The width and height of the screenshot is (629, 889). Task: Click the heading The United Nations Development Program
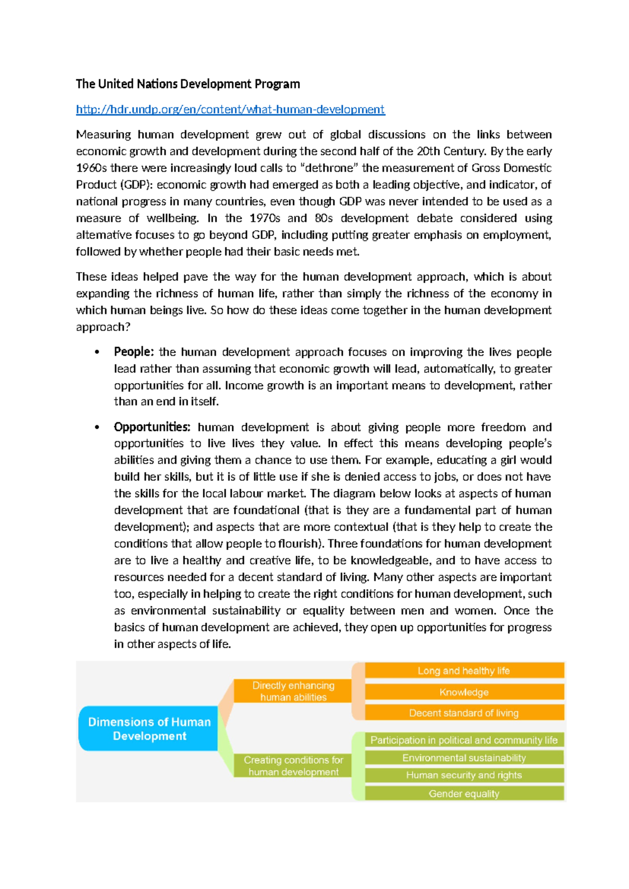click(188, 84)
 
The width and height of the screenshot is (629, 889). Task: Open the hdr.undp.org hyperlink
click(230, 109)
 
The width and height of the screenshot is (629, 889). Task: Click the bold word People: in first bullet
click(134, 352)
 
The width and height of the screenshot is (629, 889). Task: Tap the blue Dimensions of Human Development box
click(149, 729)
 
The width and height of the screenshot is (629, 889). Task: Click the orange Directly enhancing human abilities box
click(293, 691)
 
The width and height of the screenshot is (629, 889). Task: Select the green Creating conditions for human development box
click(293, 765)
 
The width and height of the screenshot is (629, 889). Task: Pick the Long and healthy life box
click(464, 670)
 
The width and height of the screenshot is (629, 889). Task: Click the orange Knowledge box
click(464, 692)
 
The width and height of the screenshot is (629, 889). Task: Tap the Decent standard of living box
click(464, 712)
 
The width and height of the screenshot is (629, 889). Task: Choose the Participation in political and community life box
click(464, 740)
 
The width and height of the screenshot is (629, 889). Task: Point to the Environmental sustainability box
click(464, 757)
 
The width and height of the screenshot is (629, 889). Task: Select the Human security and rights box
click(464, 775)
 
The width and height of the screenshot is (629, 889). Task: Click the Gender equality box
click(464, 793)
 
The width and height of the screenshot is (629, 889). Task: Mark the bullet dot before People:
click(97, 352)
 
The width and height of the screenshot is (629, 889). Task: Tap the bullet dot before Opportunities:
click(97, 427)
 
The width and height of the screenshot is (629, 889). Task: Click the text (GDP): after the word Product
click(136, 185)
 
